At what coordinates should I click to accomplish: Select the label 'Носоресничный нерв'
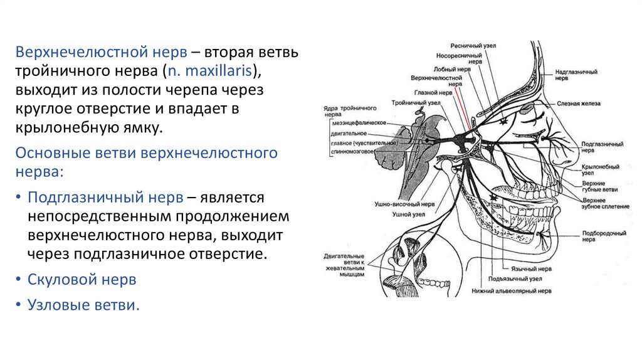[x=458, y=58]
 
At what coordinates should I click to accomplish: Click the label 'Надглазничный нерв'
[x=576, y=76]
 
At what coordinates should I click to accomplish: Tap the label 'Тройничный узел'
[x=411, y=102]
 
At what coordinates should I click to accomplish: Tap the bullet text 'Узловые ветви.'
[x=82, y=305]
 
